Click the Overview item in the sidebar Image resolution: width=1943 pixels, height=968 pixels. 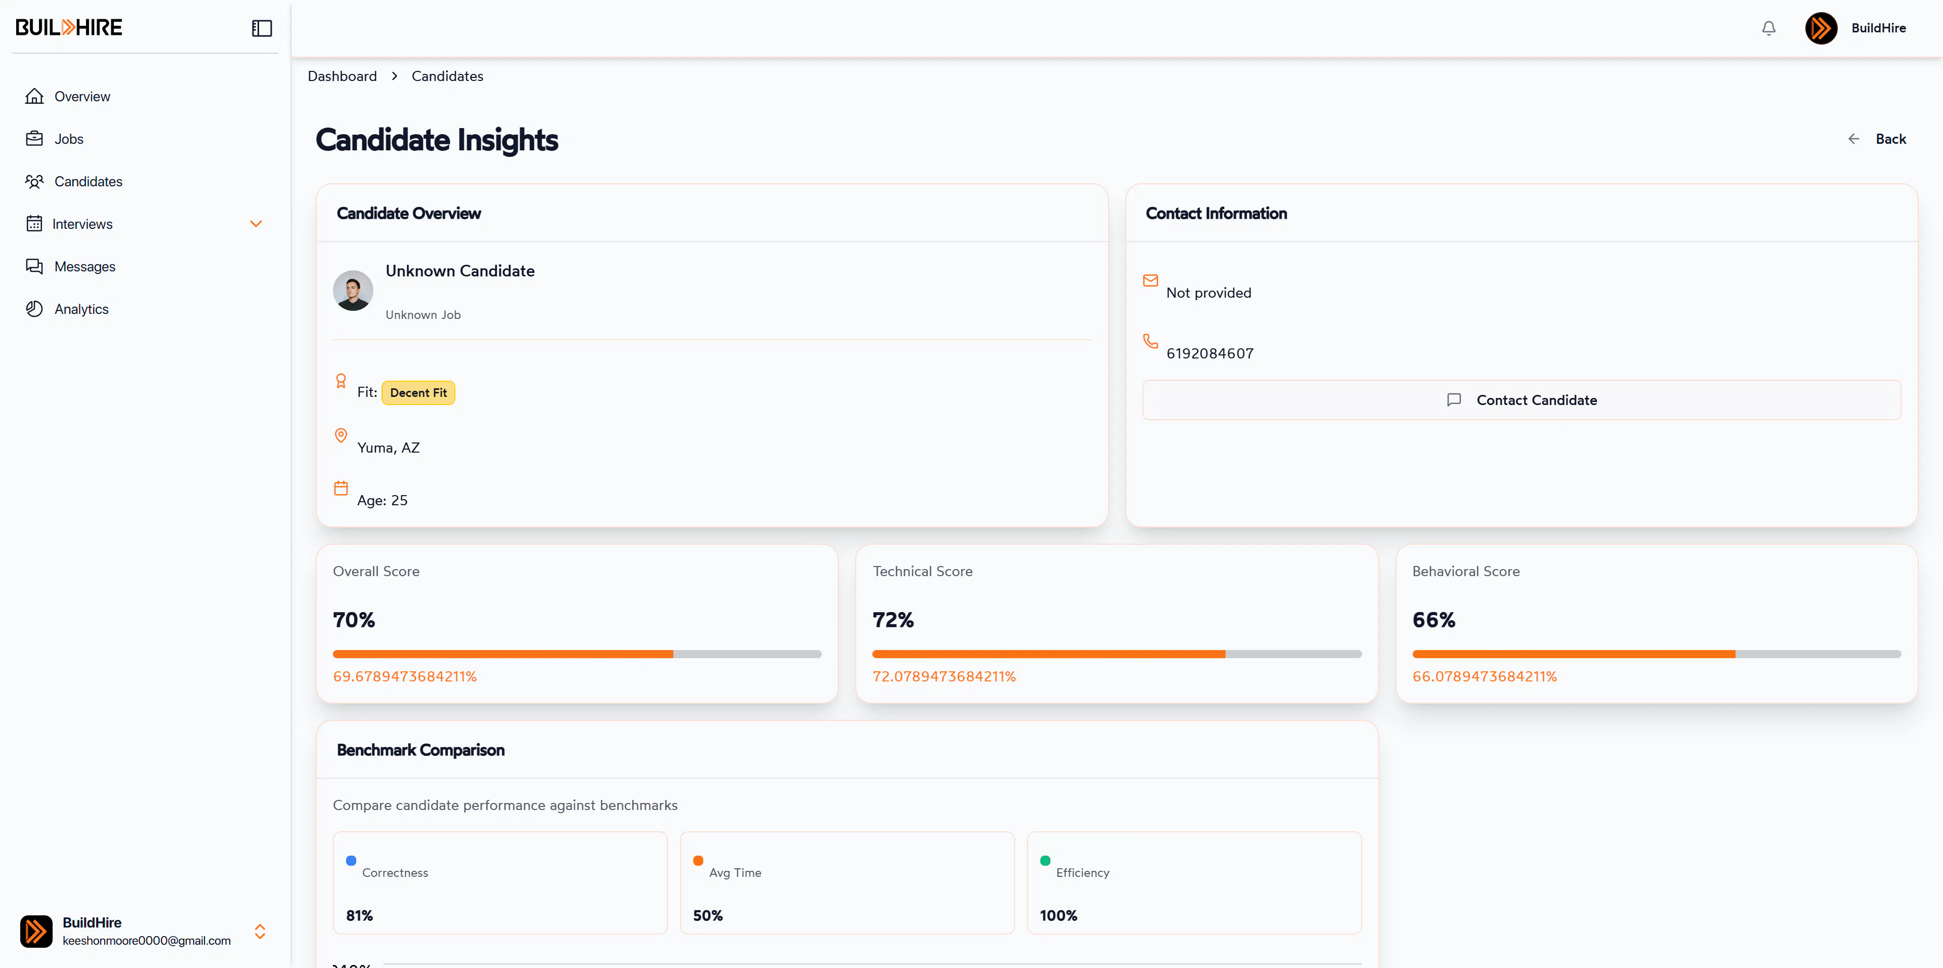[x=67, y=97]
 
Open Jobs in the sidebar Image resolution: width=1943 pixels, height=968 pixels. [x=54, y=139]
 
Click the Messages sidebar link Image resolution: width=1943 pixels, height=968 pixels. [x=70, y=266]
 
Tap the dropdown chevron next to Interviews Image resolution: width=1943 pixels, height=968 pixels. [x=256, y=224]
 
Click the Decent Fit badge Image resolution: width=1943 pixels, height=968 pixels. [x=418, y=392]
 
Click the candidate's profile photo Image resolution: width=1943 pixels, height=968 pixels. [x=353, y=291]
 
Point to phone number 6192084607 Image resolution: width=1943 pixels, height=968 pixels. [x=1210, y=353]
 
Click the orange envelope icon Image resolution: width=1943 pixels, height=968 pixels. [x=1150, y=280]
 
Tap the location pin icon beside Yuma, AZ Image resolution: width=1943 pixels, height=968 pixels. [x=341, y=435]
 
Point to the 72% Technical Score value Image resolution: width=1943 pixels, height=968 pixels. [x=893, y=620]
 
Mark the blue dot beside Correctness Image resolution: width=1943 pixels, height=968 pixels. [x=351, y=860]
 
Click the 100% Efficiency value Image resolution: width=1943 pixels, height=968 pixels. [x=1058, y=915]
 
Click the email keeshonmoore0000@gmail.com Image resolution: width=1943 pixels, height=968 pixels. [x=146, y=941]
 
